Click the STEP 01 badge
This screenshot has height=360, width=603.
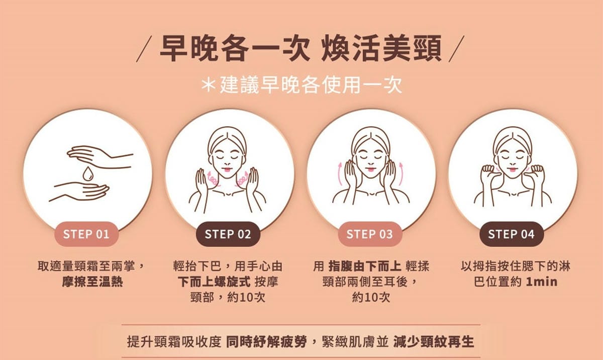(86, 234)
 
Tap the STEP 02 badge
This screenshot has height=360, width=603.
(228, 234)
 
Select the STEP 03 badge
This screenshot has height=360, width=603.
(370, 234)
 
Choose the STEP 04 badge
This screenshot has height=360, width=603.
(512, 234)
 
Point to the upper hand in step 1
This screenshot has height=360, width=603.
(99, 157)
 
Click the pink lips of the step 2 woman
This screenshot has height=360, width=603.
(227, 169)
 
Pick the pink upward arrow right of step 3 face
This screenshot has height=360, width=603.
(401, 173)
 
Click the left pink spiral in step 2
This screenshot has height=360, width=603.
(213, 178)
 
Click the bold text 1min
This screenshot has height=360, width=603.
(541, 282)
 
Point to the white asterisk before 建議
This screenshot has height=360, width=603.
(208, 85)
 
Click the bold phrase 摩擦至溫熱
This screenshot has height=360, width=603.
(92, 282)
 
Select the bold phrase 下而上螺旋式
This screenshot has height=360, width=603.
(214, 282)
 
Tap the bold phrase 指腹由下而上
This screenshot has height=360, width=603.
(365, 266)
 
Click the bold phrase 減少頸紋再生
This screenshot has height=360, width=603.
(433, 342)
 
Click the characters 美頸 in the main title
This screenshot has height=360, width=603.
(412, 48)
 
